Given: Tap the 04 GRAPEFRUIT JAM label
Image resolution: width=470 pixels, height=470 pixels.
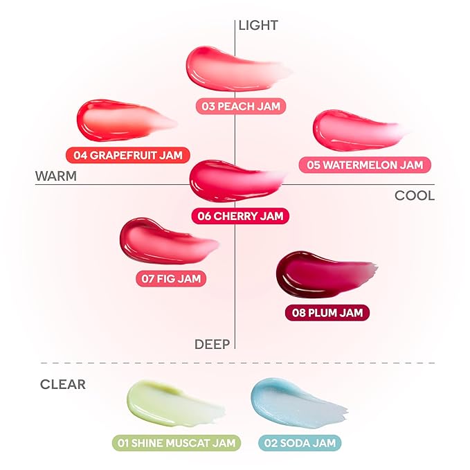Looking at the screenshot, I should [x=128, y=155].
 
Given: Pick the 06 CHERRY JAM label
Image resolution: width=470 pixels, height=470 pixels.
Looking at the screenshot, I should [x=240, y=215].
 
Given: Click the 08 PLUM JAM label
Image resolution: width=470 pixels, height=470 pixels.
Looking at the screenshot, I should [x=327, y=313].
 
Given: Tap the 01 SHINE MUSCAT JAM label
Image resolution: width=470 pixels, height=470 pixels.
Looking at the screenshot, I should [x=176, y=442].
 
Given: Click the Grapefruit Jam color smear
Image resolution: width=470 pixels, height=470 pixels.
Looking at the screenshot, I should [x=118, y=122].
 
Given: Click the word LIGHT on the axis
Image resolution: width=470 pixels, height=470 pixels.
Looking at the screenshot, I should [x=258, y=26].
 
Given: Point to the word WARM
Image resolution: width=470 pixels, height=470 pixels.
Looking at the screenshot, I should [x=55, y=176].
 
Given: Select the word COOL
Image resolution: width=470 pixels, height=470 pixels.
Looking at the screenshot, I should [x=415, y=195].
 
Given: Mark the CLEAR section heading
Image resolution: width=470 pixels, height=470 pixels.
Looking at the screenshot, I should [x=63, y=384].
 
